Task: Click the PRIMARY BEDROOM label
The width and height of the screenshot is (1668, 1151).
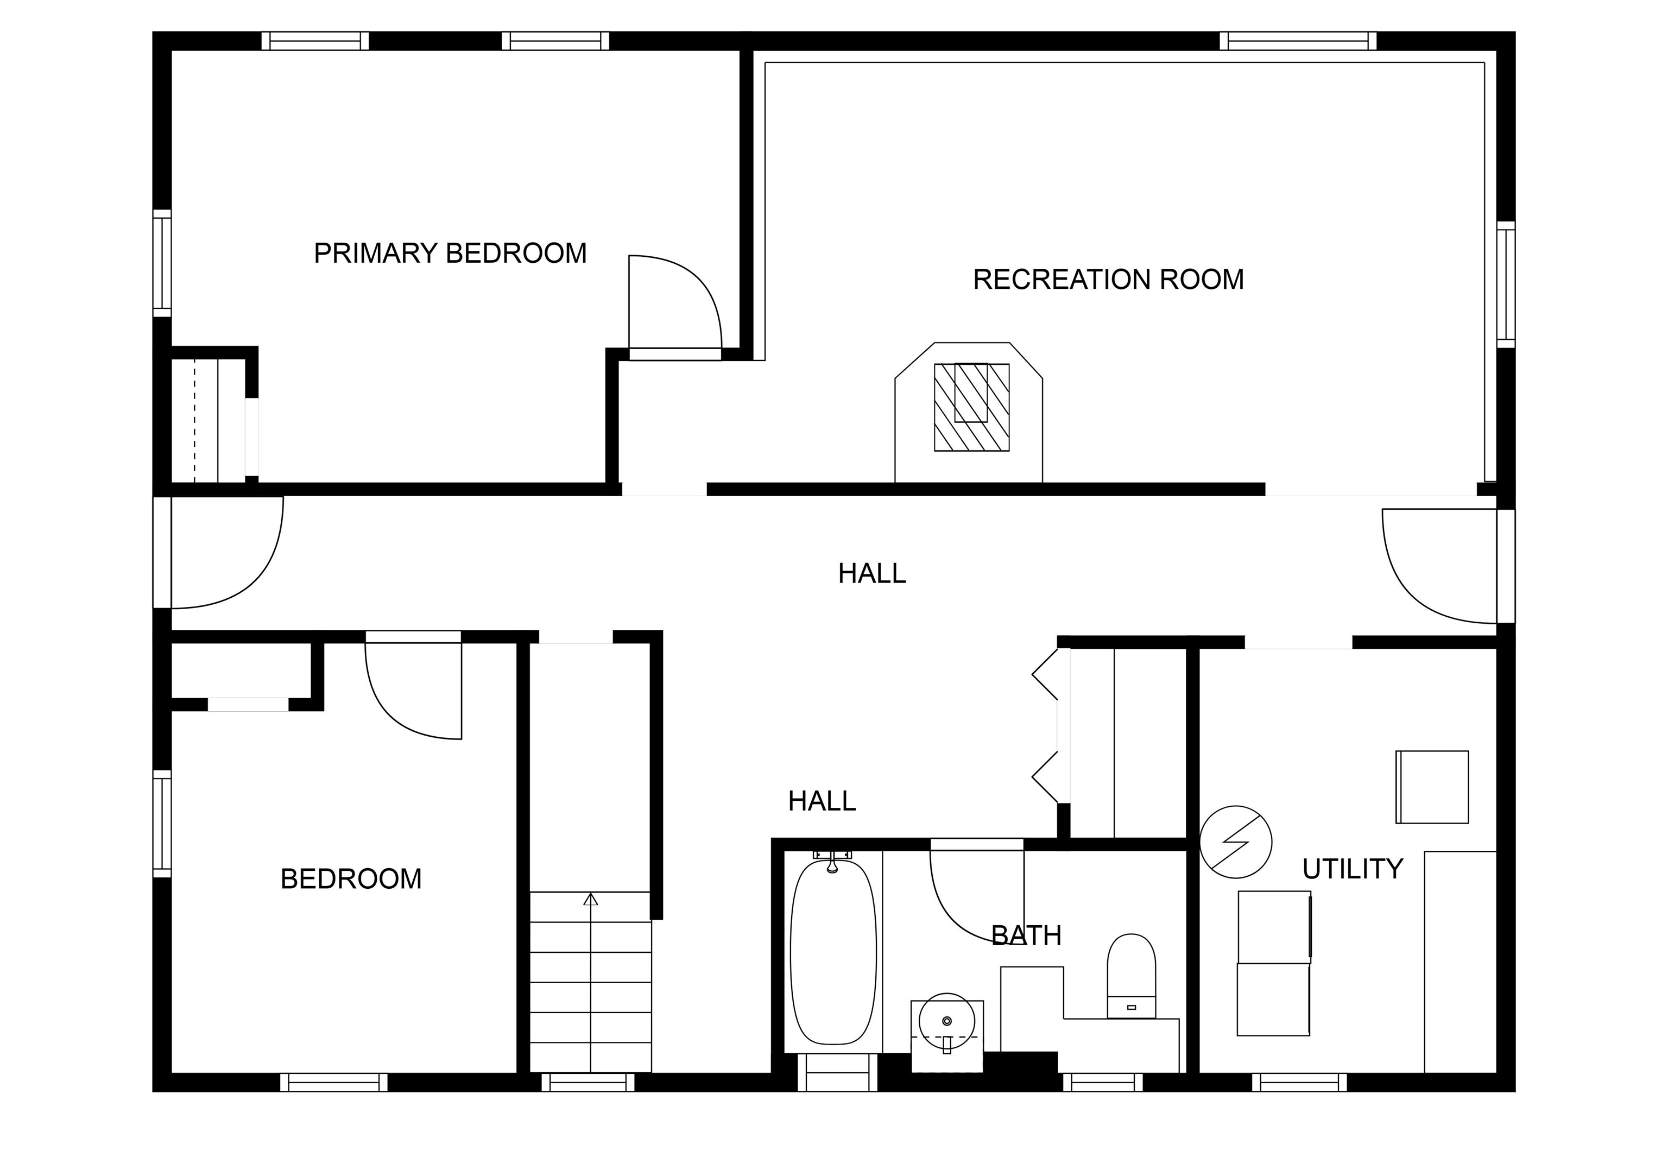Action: pos(450,253)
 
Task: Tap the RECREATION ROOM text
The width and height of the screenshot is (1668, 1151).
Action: pos(1108,280)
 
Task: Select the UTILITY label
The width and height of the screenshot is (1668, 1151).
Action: pos(1352,869)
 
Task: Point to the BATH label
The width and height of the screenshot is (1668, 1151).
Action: pos(1026,936)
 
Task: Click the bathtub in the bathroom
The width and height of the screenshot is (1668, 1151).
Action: pos(833,951)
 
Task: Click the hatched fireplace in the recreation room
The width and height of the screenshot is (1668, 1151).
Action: pos(971,408)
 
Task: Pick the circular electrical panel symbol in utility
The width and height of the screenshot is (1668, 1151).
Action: pos(1235,842)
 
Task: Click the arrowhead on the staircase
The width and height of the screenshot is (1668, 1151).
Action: pos(591,899)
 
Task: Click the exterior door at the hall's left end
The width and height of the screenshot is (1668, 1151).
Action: pos(162,552)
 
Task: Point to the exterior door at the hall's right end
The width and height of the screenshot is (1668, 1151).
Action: pos(1506,566)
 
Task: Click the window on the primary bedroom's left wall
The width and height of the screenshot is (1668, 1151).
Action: pos(162,263)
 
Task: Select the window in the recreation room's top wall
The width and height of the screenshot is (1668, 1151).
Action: pos(1298,41)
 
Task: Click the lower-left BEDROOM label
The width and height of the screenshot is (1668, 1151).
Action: pos(351,879)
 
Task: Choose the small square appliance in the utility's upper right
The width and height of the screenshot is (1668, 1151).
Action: pos(1432,787)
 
